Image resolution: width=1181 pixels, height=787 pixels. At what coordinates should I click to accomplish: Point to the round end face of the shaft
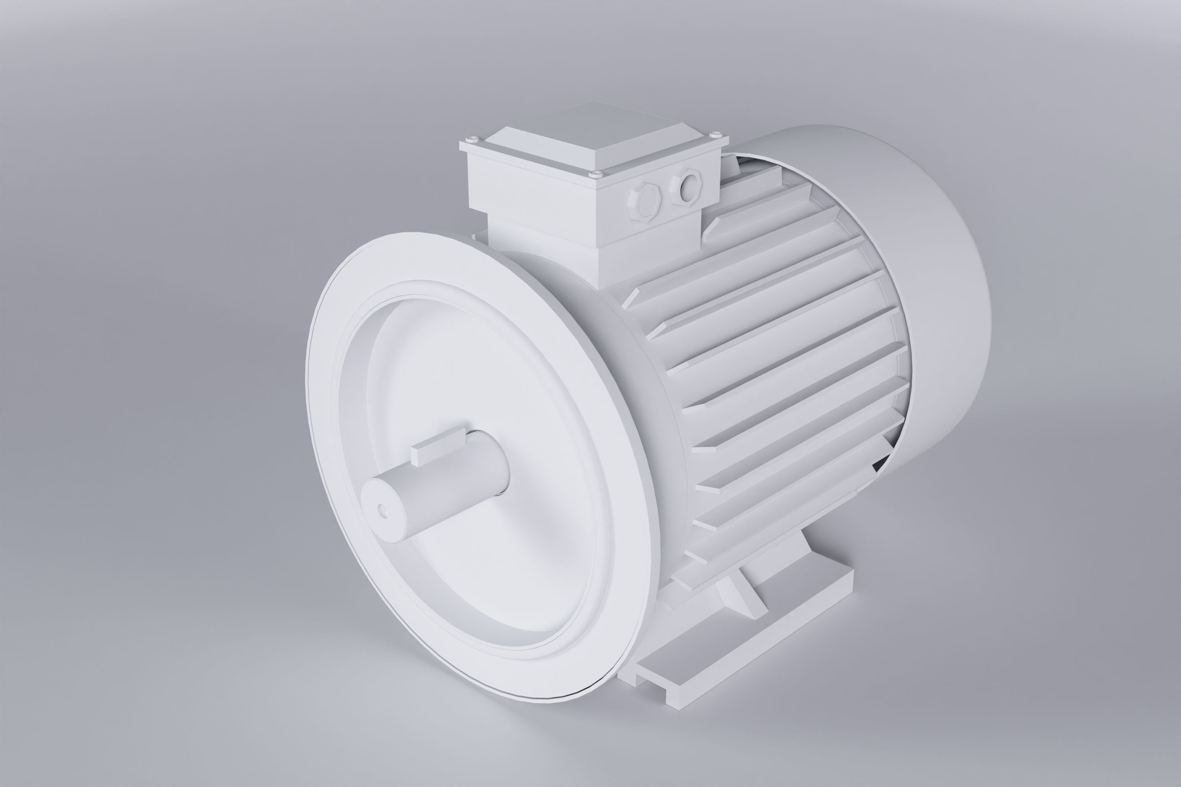pos(384,510)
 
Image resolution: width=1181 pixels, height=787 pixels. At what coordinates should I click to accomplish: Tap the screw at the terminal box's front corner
pos(596,173)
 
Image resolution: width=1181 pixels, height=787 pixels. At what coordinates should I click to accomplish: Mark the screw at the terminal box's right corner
pos(717,133)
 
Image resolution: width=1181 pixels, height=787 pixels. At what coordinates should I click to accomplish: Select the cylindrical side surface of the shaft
pos(452,482)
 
